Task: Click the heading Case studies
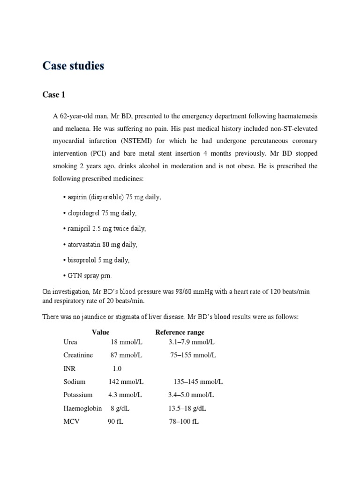tap(73, 66)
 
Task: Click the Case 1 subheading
tap(54, 95)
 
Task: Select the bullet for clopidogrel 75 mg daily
tap(99, 213)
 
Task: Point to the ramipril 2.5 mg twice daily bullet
tap(104, 229)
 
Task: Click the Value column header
tap(100, 332)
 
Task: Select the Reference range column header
tap(180, 332)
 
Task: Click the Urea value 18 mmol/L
tap(126, 342)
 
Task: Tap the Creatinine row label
tap(78, 355)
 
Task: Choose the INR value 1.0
tap(117, 369)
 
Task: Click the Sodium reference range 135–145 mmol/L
tap(198, 382)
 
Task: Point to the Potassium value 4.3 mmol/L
tap(126, 395)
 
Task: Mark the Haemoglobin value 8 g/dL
tap(120, 408)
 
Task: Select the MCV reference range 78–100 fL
tap(184, 421)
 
